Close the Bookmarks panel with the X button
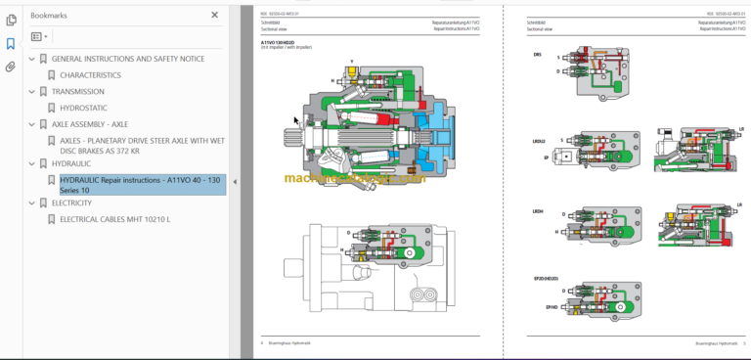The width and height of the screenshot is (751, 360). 215,16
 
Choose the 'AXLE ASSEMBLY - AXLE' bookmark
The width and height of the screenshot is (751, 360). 89,124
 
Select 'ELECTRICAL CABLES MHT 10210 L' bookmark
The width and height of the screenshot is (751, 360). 114,219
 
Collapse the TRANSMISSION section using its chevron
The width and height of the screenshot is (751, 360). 31,92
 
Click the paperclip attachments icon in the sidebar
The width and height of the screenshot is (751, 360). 11,67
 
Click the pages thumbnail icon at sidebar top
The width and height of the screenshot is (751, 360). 11,20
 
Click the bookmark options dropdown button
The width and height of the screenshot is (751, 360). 39,36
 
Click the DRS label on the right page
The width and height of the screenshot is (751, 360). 537,55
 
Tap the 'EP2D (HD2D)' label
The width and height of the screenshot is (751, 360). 545,279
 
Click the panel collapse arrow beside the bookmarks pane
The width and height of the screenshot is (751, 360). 233,182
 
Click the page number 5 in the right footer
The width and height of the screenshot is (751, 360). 744,342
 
